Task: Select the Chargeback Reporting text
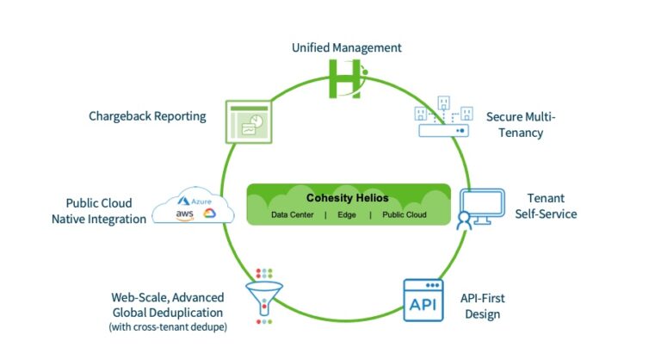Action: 147,115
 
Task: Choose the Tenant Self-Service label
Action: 545,205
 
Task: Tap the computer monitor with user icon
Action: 474,208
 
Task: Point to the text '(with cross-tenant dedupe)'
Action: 168,327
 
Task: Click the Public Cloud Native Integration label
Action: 99,211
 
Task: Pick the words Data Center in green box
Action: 291,214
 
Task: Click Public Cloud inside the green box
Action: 405,214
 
